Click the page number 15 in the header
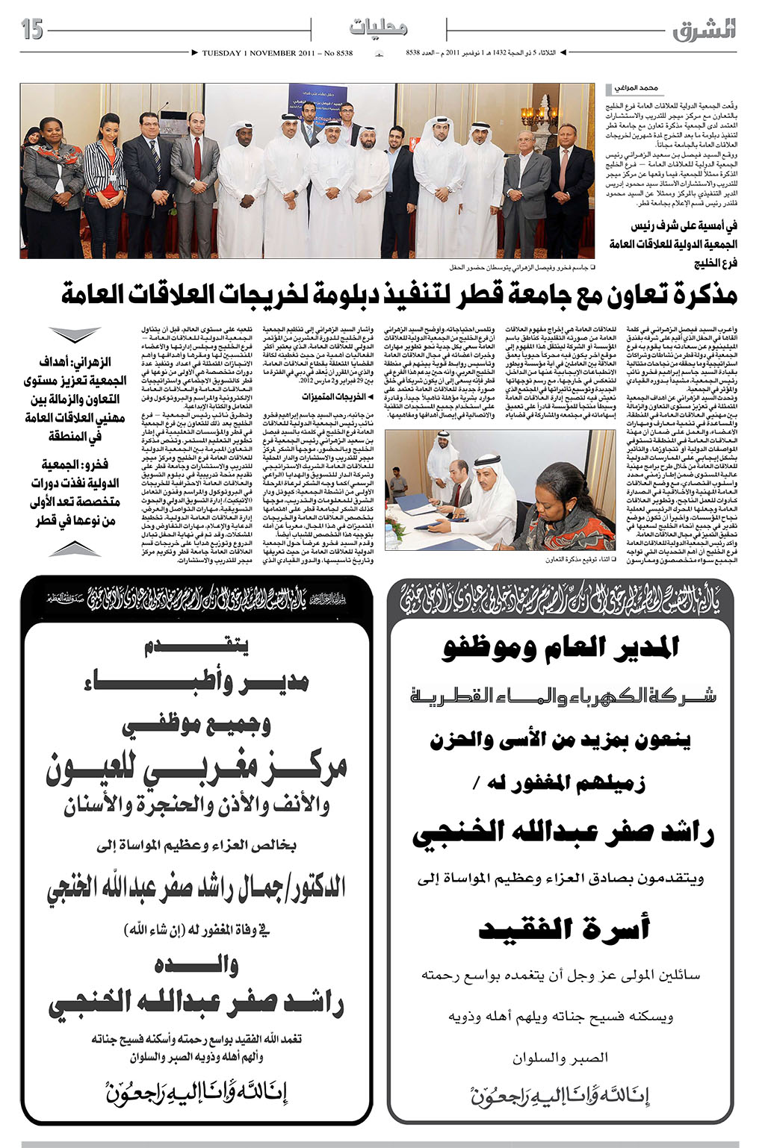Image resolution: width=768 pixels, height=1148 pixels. [x=33, y=30]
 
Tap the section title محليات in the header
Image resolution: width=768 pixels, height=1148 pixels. [x=378, y=29]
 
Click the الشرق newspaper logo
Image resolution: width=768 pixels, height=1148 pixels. [x=703, y=30]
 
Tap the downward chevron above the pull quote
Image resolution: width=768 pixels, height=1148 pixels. [x=74, y=335]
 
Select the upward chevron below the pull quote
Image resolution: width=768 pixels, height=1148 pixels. [x=74, y=549]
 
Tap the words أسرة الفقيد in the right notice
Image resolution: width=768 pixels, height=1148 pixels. [x=564, y=929]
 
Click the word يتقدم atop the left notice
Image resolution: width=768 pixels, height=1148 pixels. [x=197, y=647]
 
